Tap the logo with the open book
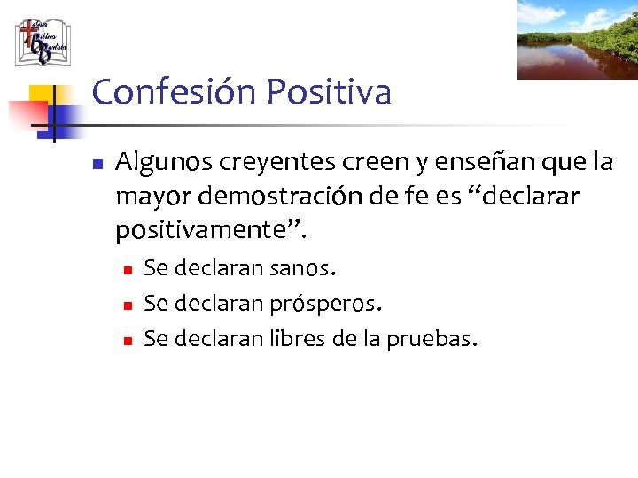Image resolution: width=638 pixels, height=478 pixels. [x=42, y=42]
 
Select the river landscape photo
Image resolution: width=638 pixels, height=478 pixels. [x=577, y=40]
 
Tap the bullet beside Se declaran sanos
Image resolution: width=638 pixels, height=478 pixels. [x=128, y=268]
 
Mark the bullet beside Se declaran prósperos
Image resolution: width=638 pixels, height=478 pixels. [x=128, y=304]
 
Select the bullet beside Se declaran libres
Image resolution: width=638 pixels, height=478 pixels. [x=128, y=339]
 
